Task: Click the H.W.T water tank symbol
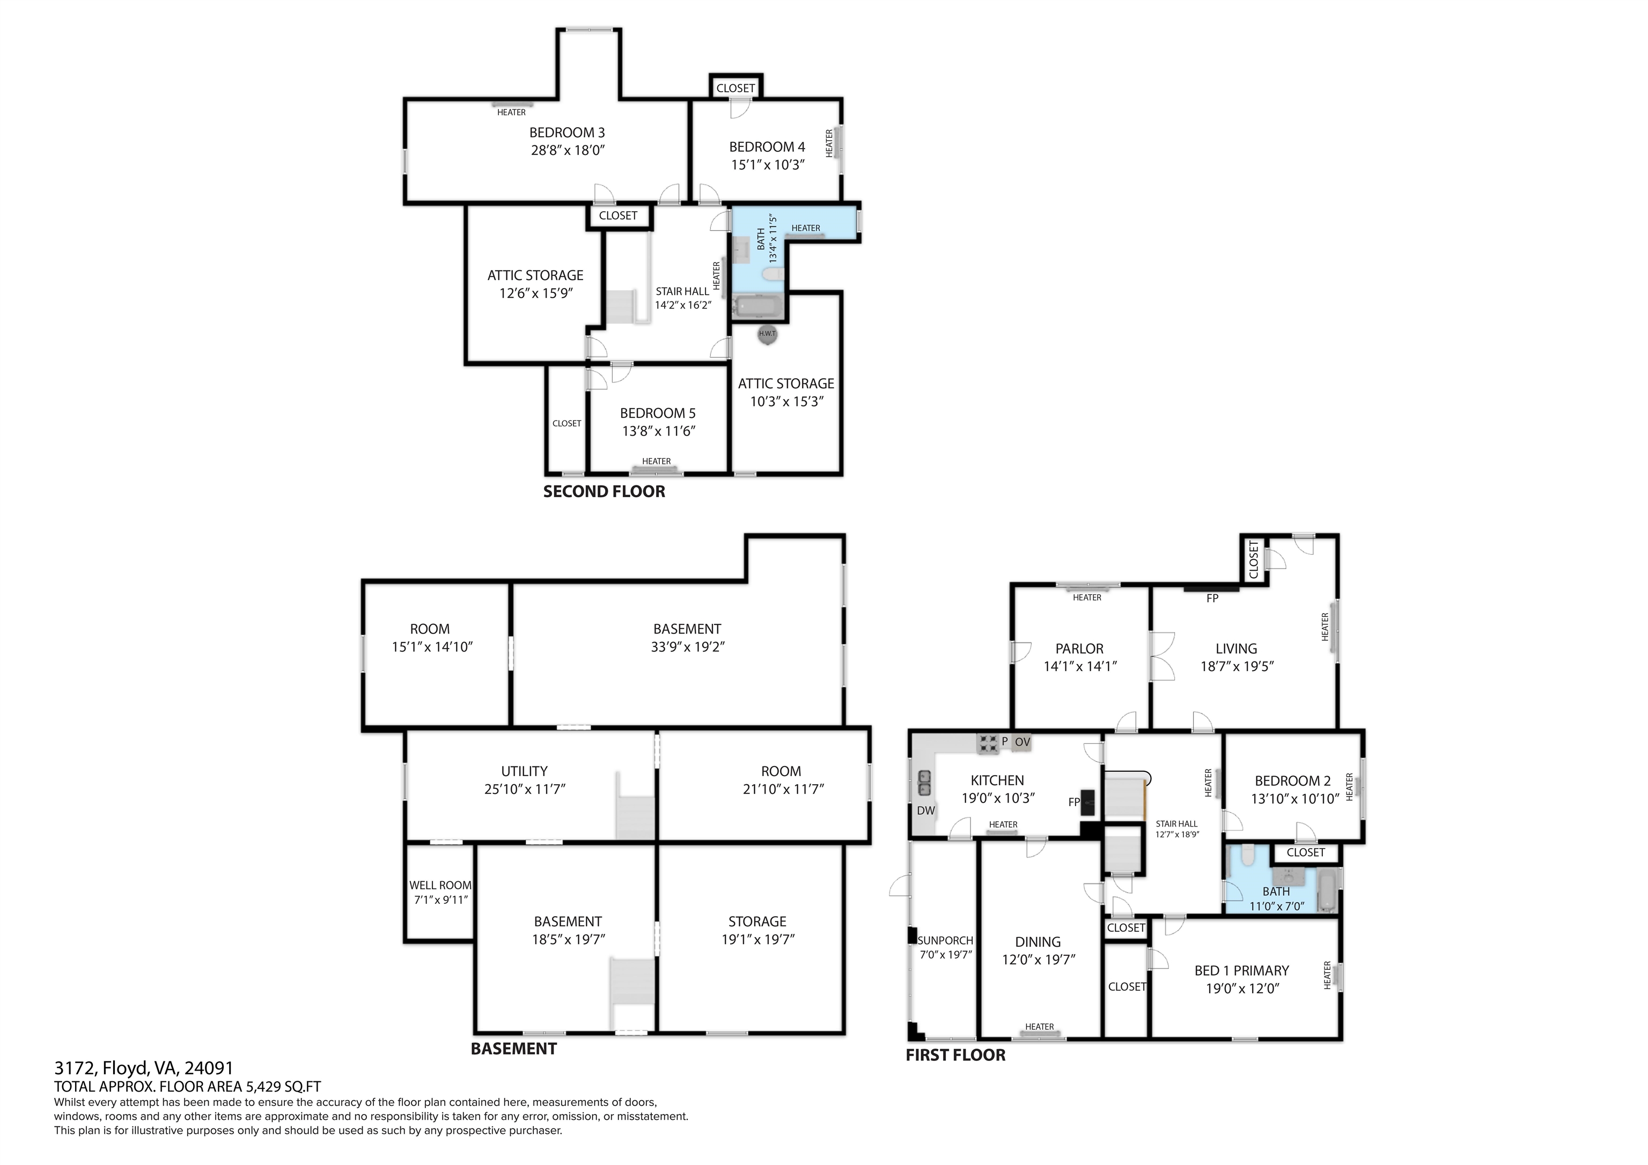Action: click(x=767, y=334)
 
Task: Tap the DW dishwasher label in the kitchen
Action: click(x=926, y=810)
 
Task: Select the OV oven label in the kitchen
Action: click(x=1022, y=741)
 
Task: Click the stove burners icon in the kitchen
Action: click(x=988, y=743)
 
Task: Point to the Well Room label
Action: click(x=440, y=885)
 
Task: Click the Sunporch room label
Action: click(x=945, y=940)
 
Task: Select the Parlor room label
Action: click(x=1079, y=648)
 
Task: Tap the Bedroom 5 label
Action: click(x=658, y=413)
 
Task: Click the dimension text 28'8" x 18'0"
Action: click(x=568, y=150)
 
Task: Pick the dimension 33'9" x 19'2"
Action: click(x=688, y=647)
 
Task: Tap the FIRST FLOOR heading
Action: click(x=955, y=1055)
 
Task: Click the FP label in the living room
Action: click(x=1212, y=598)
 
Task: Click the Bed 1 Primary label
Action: click(x=1242, y=970)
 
